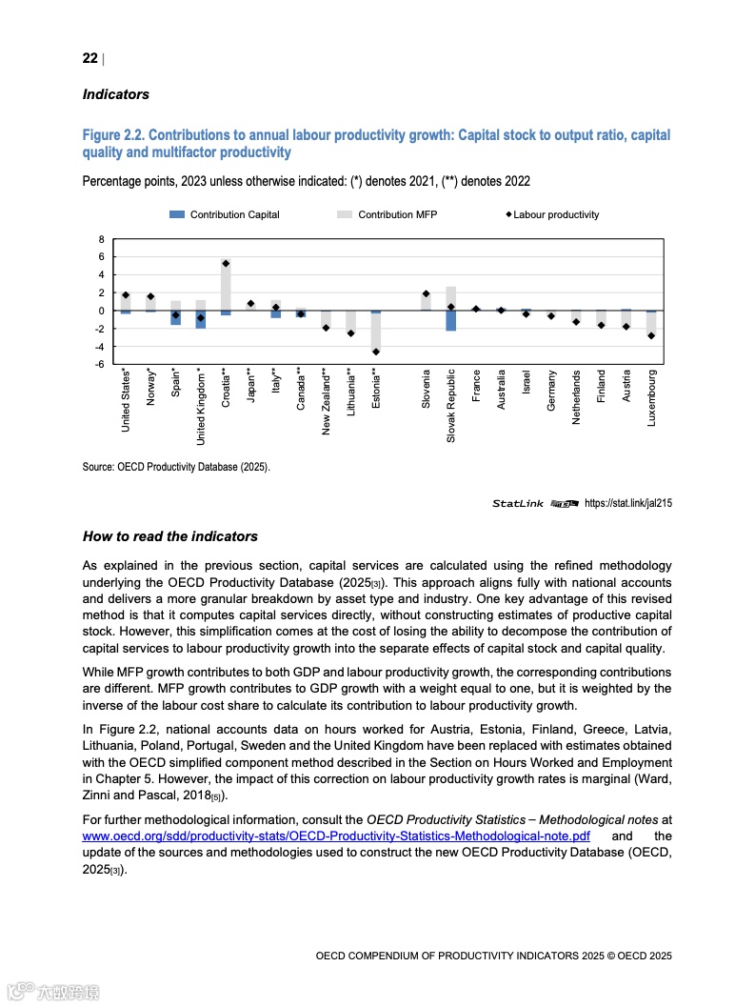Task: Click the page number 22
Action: [x=89, y=58]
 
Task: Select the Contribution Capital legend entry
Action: [x=225, y=214]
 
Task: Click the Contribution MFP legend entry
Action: [x=387, y=214]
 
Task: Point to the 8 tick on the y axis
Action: [x=101, y=239]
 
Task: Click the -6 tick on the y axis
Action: [x=99, y=364]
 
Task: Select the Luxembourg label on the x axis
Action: [x=652, y=397]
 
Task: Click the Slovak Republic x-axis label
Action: [x=451, y=405]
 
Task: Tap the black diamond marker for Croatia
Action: [x=226, y=264]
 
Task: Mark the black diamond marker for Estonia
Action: [x=376, y=352]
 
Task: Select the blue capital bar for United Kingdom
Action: [x=201, y=320]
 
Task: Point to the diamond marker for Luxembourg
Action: [x=651, y=335]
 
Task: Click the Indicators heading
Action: [x=116, y=94]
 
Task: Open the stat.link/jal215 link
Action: [x=627, y=503]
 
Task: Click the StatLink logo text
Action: [x=518, y=503]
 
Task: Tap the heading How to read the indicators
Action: [x=170, y=536]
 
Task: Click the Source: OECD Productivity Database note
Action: [x=176, y=467]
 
